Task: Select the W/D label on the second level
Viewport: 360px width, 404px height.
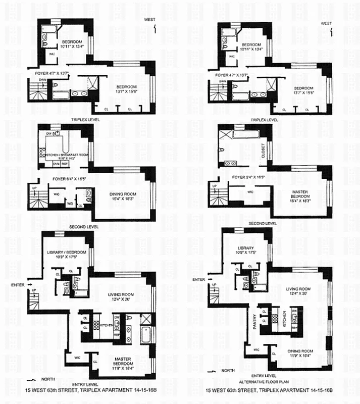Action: click(69, 204)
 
